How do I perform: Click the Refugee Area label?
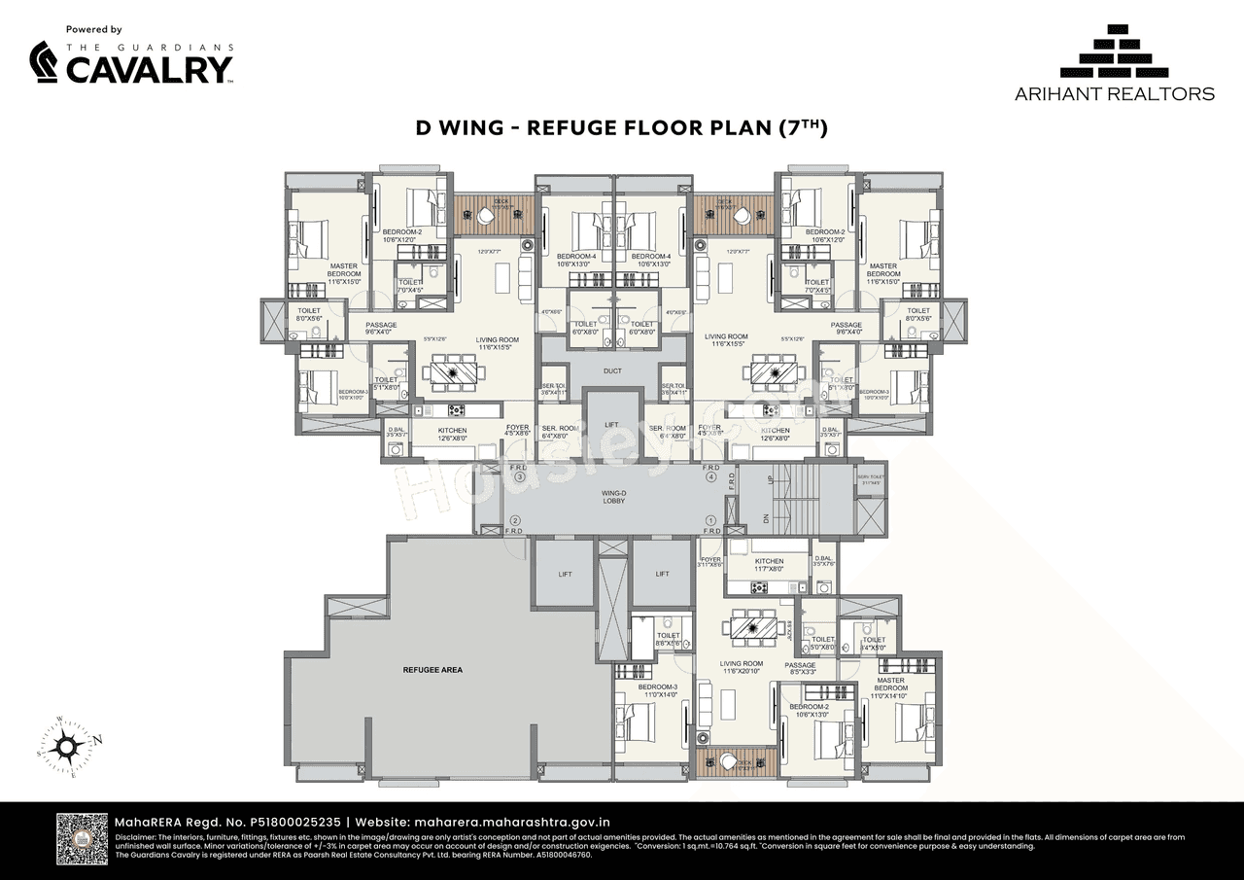point(432,670)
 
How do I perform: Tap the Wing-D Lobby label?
point(612,497)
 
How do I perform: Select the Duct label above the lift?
point(612,370)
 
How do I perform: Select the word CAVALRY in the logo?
point(149,69)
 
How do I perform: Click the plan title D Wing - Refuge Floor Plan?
point(621,127)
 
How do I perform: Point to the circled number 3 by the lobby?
point(520,477)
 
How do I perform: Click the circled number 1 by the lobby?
point(710,520)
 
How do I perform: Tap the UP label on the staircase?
point(771,480)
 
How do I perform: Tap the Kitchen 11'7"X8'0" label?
point(769,566)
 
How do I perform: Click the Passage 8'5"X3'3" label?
point(801,669)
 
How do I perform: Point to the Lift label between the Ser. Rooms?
point(612,425)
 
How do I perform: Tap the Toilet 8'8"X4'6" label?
point(668,639)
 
